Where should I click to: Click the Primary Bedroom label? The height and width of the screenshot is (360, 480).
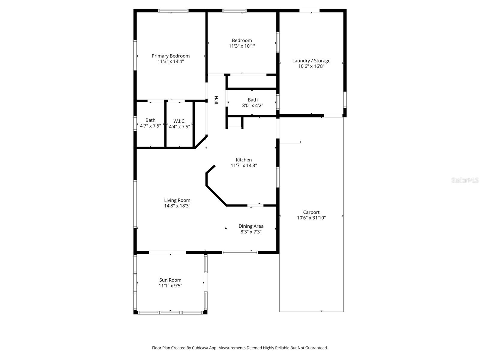170,56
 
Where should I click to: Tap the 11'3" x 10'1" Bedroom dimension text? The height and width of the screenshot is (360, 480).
242,46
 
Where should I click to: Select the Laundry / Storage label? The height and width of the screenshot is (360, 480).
311,61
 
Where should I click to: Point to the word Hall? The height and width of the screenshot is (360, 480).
216,100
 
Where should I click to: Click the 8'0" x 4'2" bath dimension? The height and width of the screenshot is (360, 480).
253,106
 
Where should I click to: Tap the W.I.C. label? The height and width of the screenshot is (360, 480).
179,121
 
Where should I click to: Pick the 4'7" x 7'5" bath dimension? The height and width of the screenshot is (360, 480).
150,126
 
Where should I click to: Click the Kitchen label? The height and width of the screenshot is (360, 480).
244,160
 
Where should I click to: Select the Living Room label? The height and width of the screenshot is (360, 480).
177,200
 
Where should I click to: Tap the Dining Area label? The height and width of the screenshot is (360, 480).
251,226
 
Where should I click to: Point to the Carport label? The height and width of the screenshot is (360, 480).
311,212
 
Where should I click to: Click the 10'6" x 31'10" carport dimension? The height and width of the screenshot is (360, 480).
311,218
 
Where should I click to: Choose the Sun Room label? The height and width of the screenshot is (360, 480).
170,280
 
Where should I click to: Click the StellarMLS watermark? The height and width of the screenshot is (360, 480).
465,180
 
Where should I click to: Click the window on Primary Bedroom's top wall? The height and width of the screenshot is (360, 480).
173,11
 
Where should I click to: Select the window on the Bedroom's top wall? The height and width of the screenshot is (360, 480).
234,11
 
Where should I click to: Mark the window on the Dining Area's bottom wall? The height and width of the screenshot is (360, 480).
240,252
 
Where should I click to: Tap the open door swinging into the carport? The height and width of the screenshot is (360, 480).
290,142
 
